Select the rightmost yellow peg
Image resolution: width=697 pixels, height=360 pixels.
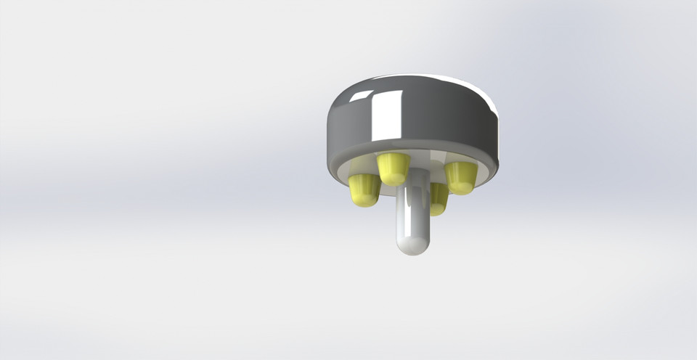460,177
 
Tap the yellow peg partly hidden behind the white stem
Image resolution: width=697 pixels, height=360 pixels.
439,199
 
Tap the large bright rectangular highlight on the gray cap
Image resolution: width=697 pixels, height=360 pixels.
388,116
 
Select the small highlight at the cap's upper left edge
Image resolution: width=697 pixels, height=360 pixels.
360,94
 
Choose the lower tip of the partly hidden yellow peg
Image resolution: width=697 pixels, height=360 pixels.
437,210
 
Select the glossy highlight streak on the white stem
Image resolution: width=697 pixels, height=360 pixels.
407,218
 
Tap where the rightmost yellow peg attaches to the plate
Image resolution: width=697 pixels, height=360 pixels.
460,165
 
